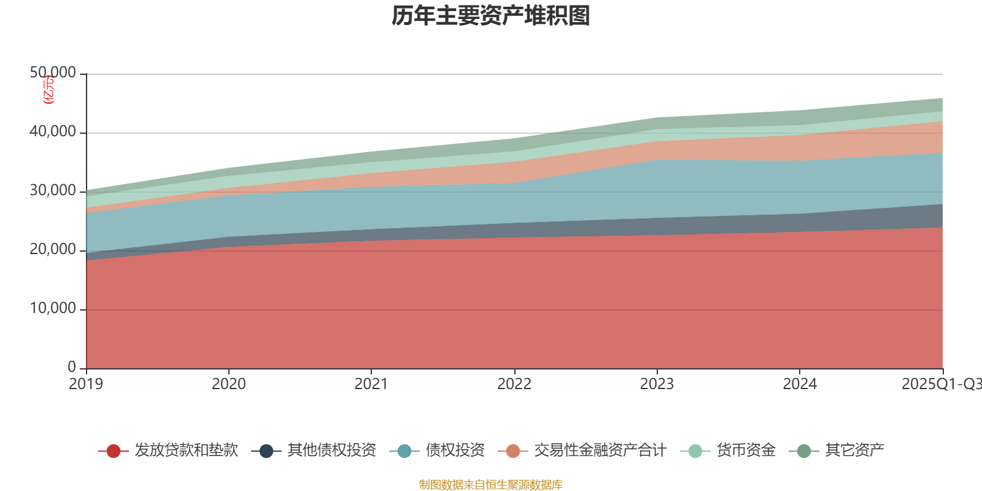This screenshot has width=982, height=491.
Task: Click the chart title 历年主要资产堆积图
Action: [491, 16]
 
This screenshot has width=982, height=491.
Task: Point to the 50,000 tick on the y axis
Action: [53, 73]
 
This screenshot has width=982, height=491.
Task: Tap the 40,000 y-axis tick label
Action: [53, 132]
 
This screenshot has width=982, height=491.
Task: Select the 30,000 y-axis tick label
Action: [53, 191]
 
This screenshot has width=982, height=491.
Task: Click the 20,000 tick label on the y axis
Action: [53, 250]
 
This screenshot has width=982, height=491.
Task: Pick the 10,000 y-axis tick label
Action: [53, 309]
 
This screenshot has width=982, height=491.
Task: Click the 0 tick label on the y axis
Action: [72, 367]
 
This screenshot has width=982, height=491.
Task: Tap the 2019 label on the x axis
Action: [86, 384]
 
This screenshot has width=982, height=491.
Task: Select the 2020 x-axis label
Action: [229, 384]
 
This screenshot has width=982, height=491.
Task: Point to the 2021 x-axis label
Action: [371, 384]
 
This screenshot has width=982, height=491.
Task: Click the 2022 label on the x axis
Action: [514, 384]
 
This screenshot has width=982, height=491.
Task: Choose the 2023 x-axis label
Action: [657, 384]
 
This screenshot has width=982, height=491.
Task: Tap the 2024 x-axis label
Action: [800, 384]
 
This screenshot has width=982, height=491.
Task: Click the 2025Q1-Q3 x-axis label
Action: [941, 384]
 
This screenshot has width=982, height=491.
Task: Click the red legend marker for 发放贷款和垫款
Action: [113, 451]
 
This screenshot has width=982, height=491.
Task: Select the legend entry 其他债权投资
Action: [331, 450]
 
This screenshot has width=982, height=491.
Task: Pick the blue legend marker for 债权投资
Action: [404, 451]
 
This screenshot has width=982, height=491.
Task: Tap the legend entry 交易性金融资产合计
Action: [599, 450]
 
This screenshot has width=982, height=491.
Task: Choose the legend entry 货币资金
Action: [746, 450]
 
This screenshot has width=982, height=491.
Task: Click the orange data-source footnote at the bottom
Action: [491, 485]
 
